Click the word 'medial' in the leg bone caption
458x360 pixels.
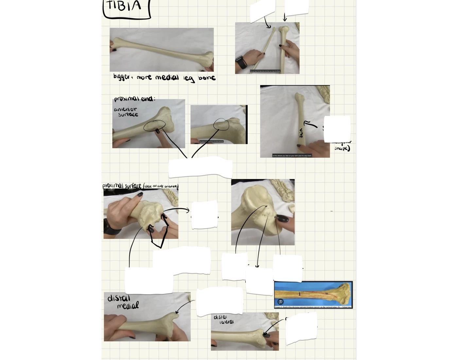click(x=167, y=78)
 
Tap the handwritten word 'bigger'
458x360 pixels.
click(x=121, y=77)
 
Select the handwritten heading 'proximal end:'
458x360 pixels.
click(x=134, y=99)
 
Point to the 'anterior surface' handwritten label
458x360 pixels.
click(x=126, y=112)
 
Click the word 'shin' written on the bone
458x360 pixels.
click(x=301, y=133)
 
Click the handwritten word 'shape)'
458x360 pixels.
click(x=342, y=148)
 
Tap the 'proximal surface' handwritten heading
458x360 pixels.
click(x=122, y=186)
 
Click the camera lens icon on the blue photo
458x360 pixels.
click(x=280, y=302)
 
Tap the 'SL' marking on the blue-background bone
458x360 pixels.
click(x=326, y=294)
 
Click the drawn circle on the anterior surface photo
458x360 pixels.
click(x=154, y=126)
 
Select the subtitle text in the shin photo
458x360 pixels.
click(x=292, y=156)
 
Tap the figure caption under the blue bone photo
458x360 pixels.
click(x=313, y=307)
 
